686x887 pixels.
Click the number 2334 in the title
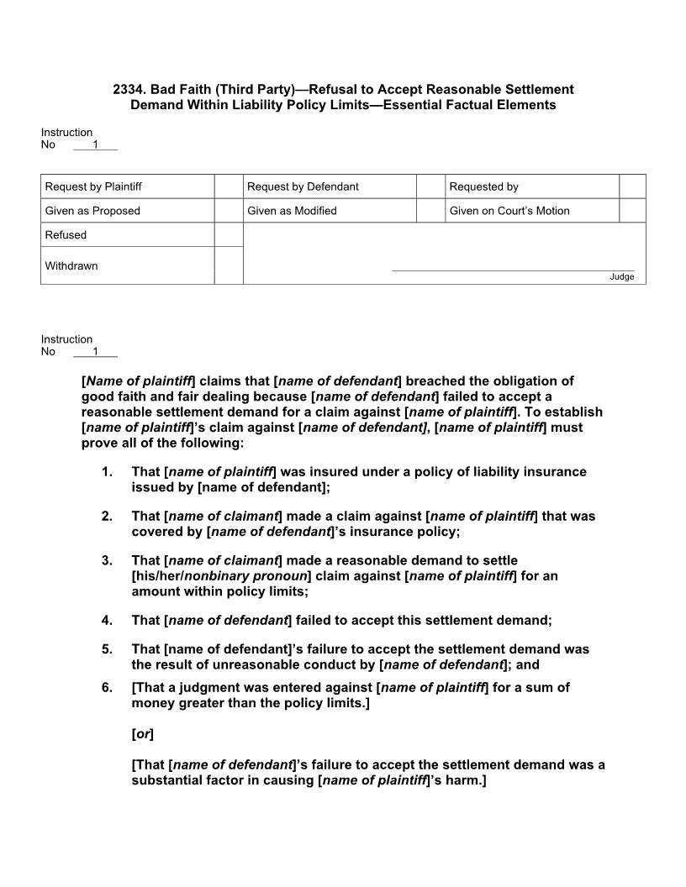(x=129, y=89)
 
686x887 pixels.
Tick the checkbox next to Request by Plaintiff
(x=229, y=186)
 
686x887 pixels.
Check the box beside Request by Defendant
(x=430, y=186)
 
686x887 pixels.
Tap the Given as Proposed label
(x=92, y=211)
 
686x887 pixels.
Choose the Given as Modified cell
(x=292, y=211)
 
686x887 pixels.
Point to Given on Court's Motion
(x=509, y=211)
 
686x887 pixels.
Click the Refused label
(x=66, y=235)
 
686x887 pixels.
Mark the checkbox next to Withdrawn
(x=229, y=265)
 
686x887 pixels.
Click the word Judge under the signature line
(x=622, y=277)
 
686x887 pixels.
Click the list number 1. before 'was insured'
(x=107, y=472)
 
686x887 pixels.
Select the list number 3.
(x=107, y=560)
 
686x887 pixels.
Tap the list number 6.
(x=107, y=687)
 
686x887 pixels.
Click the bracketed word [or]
(x=143, y=733)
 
